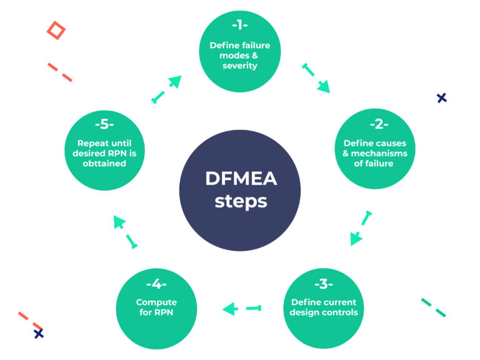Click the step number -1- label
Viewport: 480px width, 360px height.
click(240, 26)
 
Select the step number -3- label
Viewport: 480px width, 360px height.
click(323, 284)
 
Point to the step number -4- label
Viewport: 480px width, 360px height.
click(155, 284)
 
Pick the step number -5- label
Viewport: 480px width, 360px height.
click(102, 124)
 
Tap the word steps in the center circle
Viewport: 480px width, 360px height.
click(240, 202)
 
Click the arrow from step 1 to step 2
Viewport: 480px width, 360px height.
click(316, 78)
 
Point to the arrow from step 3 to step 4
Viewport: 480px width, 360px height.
click(241, 307)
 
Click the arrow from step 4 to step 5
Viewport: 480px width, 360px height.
click(125, 232)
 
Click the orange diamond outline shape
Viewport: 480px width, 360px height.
click(56, 30)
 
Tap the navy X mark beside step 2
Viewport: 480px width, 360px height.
click(442, 97)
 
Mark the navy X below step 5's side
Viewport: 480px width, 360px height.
click(39, 334)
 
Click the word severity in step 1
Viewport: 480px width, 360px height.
click(240, 66)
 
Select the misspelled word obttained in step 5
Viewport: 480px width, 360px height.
click(102, 164)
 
